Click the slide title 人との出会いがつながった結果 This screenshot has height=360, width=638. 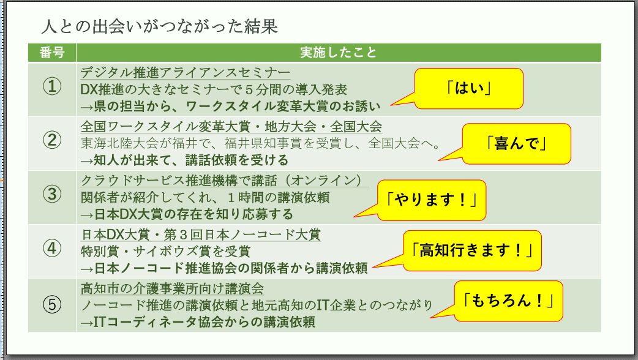(x=160, y=27)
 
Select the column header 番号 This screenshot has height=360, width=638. (x=52, y=53)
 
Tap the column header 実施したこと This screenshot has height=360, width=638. (x=338, y=53)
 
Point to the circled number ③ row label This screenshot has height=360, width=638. (x=52, y=195)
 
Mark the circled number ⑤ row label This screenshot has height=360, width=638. (x=52, y=304)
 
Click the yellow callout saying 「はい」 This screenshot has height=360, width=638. (x=470, y=88)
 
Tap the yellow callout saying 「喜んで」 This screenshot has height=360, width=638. (x=516, y=143)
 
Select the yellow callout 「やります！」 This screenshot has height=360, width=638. (x=431, y=200)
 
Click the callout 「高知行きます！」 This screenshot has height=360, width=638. (x=473, y=250)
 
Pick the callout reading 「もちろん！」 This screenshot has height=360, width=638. (x=509, y=301)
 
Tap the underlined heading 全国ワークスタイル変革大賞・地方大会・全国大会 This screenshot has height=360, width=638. (x=231, y=126)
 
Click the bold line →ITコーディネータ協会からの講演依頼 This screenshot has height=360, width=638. (x=198, y=321)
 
